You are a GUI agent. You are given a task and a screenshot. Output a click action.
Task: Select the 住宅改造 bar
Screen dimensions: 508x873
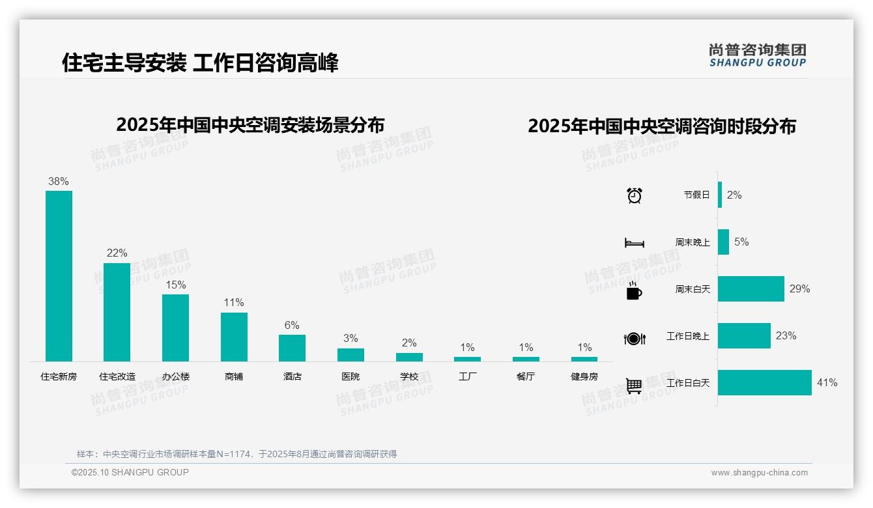point(117,312)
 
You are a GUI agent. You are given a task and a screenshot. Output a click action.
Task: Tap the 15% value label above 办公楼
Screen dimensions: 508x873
point(175,285)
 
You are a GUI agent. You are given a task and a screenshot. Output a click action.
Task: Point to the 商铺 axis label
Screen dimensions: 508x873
point(234,376)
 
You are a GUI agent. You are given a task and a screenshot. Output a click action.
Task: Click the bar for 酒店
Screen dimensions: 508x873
point(292,348)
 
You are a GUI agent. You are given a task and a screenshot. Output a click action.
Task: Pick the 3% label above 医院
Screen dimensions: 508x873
point(351,339)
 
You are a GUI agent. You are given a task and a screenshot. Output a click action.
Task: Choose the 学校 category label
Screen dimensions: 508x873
point(409,376)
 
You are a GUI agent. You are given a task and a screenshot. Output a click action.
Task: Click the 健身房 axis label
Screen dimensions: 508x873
point(584,376)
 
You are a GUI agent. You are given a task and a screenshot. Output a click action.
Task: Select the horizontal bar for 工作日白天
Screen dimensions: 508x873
point(765,383)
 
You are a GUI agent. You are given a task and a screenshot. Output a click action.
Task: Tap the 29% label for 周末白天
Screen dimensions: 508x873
point(799,289)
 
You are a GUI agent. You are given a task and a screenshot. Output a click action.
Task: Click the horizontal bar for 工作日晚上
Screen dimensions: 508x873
point(744,336)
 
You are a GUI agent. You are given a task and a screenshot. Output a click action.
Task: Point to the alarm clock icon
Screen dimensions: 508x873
point(634,195)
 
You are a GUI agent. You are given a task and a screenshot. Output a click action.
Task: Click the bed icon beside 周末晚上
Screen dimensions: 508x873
point(634,243)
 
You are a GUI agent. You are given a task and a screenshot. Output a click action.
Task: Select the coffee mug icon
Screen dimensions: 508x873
point(634,291)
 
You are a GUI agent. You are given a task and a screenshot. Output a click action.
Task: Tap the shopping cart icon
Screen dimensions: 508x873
point(634,386)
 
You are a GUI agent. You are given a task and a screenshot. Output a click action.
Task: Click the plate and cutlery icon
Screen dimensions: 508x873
point(634,339)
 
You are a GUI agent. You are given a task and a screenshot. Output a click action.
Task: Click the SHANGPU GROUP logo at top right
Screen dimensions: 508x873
point(758,55)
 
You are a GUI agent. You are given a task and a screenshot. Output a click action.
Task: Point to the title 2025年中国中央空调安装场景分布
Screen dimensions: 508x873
point(250,125)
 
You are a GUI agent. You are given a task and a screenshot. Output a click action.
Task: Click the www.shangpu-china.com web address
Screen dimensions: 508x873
point(759,473)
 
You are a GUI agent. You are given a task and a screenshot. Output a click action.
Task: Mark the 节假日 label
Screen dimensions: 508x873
point(696,195)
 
